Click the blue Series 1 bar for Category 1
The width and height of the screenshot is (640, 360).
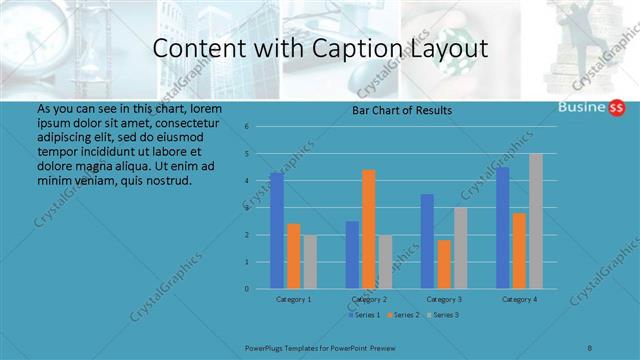[276, 231]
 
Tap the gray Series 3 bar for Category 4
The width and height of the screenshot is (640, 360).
[536, 221]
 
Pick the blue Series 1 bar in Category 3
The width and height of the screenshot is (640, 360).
[427, 241]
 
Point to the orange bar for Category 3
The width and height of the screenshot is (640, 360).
[444, 264]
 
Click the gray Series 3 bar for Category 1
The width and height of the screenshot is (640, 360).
[310, 262]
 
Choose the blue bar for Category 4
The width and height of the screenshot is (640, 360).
[503, 228]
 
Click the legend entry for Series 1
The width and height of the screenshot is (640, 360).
[364, 315]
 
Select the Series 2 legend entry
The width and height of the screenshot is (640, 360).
[404, 315]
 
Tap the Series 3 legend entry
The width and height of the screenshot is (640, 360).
[444, 315]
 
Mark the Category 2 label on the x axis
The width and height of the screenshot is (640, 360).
[369, 299]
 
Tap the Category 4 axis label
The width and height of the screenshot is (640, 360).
[520, 299]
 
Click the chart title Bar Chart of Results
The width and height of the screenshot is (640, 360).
[402, 110]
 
